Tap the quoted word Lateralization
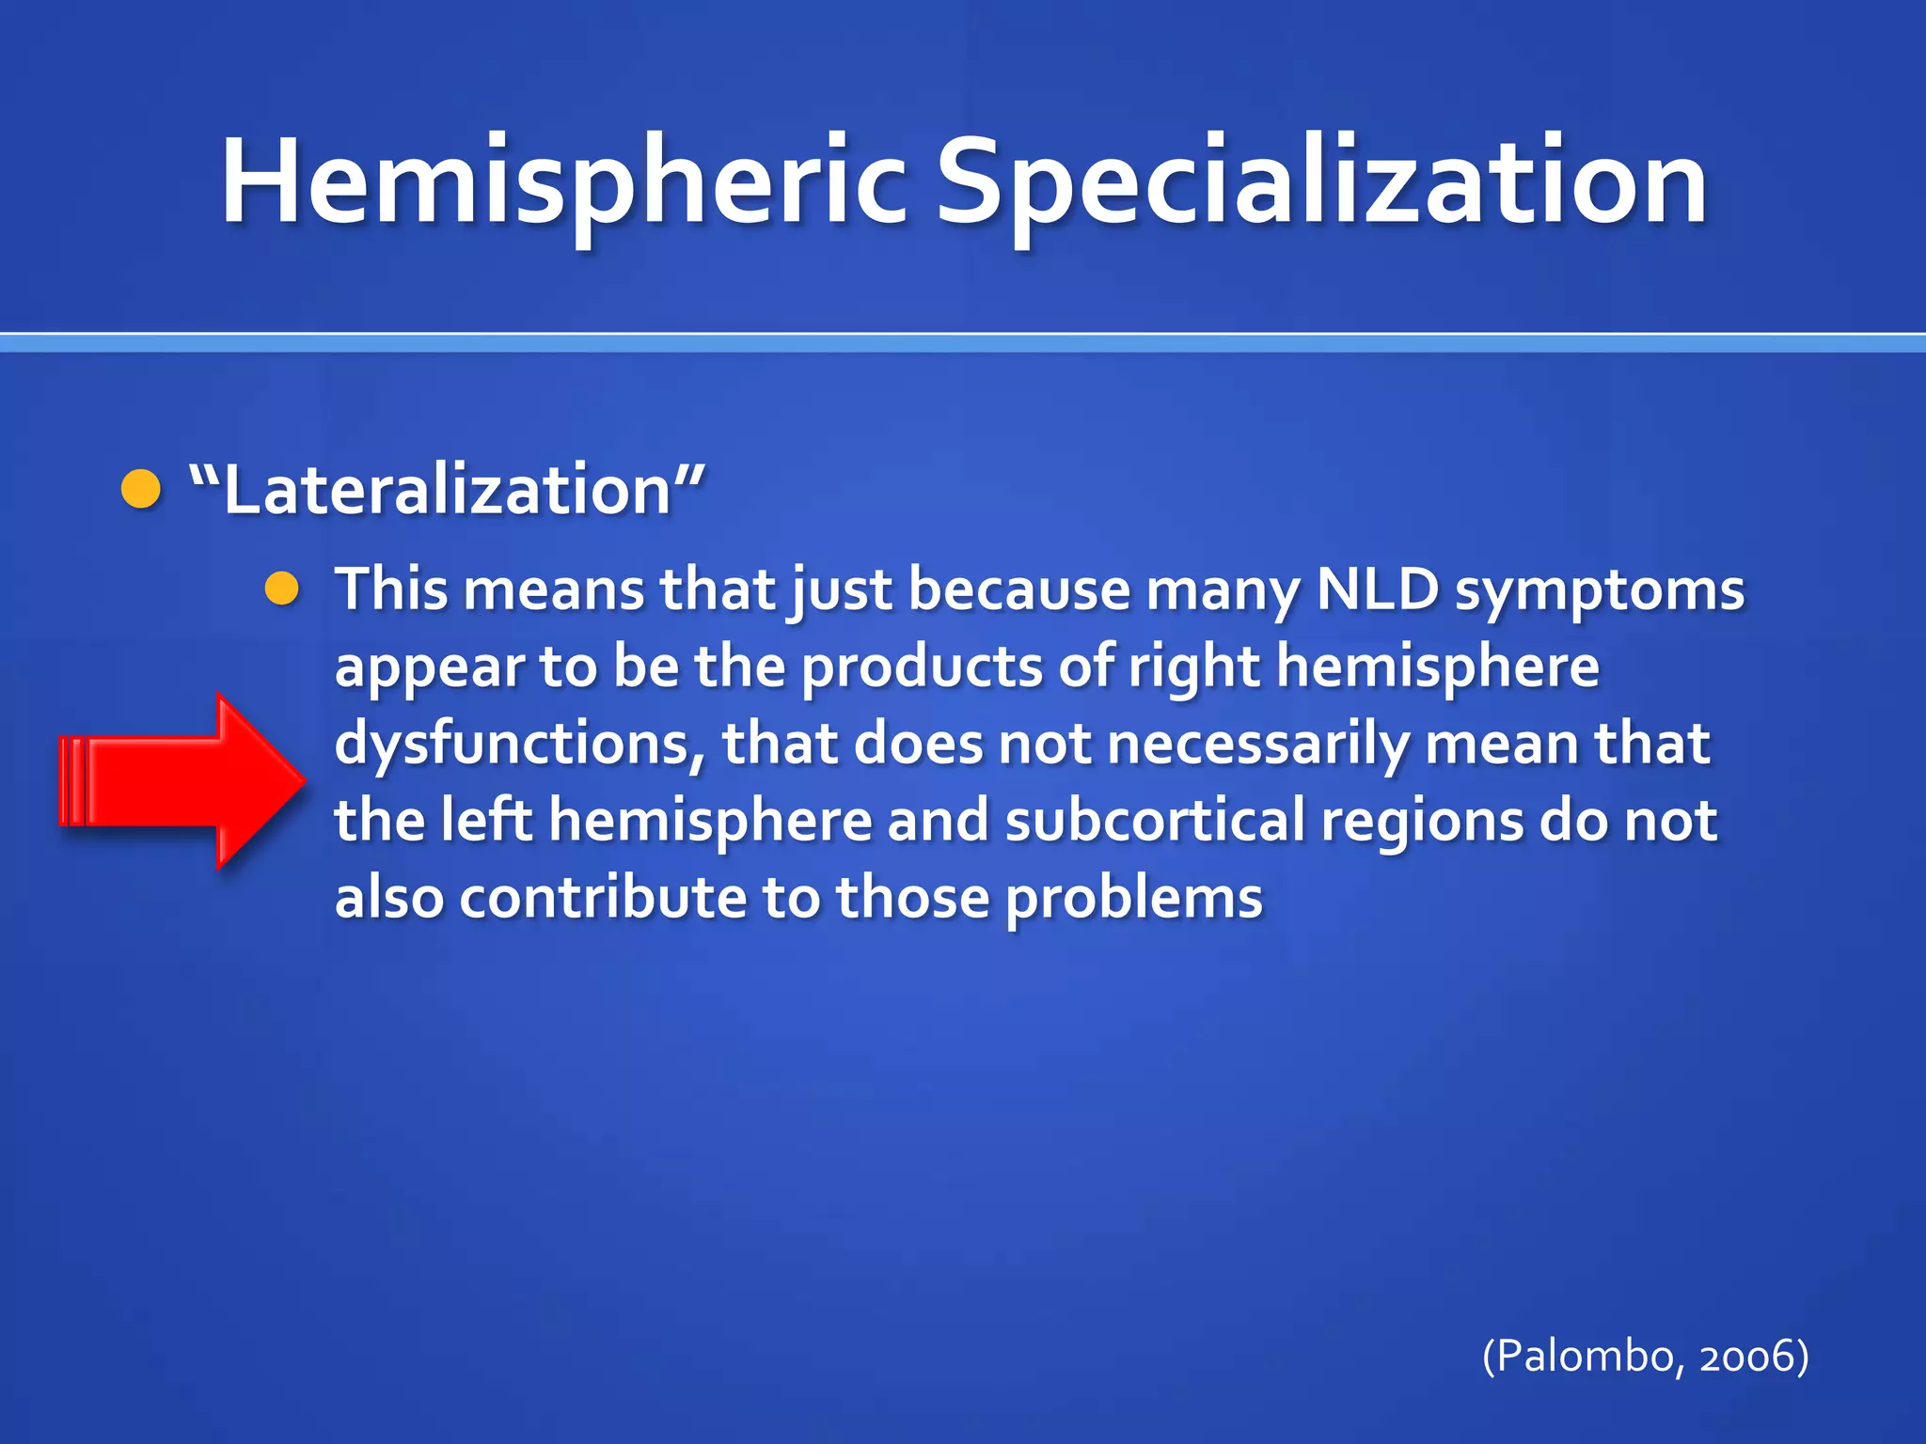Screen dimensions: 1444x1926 point(448,491)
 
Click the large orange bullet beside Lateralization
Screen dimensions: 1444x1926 point(141,490)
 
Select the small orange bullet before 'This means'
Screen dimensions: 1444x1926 point(281,589)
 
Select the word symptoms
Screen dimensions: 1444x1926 point(1599,592)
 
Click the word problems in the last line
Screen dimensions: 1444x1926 point(1133,899)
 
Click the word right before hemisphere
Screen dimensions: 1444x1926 point(1192,667)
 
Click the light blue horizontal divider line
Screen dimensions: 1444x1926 point(963,344)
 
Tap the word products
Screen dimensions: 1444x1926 point(922,667)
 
